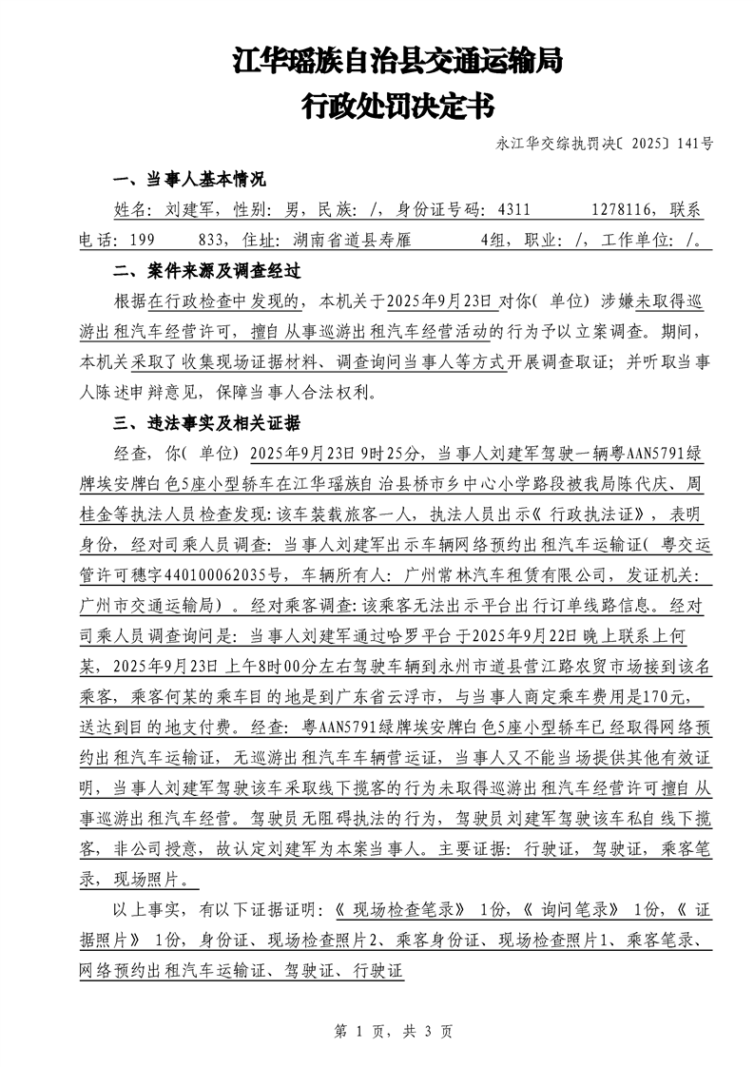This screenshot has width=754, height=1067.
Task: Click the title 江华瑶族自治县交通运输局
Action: [x=397, y=63]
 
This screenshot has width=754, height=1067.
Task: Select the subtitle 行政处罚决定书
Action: [x=397, y=106]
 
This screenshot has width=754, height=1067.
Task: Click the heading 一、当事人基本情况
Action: [x=188, y=181]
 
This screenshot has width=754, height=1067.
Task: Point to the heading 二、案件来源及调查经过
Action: [x=206, y=271]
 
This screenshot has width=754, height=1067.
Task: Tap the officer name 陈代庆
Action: [x=648, y=483]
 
